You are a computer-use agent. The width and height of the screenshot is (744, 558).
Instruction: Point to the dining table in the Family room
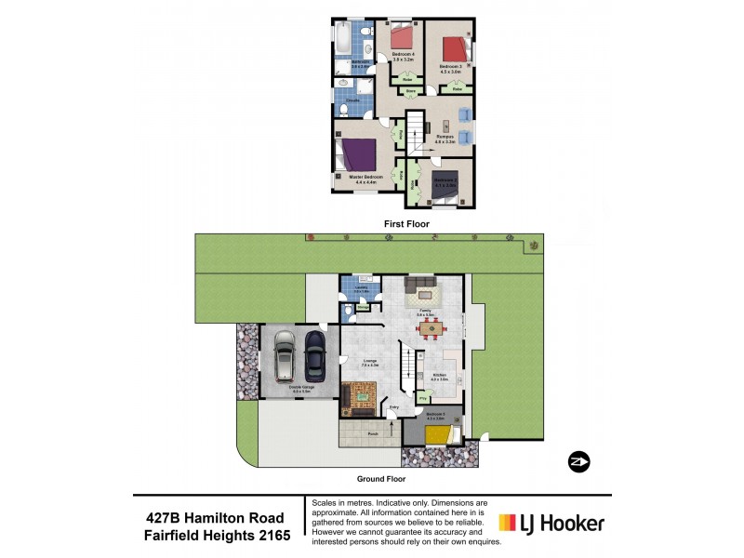click(x=431, y=327)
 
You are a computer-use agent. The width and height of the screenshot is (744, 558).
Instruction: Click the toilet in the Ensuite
click(x=343, y=109)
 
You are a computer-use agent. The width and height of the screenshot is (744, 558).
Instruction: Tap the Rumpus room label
click(x=445, y=137)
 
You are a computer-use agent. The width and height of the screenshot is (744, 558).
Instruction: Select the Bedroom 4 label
click(x=403, y=55)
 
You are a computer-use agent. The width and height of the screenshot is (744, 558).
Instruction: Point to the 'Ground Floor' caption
click(x=382, y=479)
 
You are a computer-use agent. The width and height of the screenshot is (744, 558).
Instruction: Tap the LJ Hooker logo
click(x=551, y=524)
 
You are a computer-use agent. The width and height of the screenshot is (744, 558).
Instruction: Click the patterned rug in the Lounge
click(x=361, y=397)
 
